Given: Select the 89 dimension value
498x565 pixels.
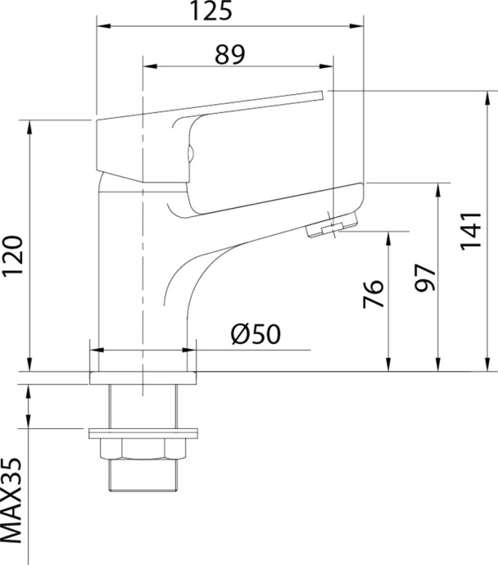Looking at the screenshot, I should [x=230, y=54].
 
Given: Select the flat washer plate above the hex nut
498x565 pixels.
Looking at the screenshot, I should [x=143, y=432].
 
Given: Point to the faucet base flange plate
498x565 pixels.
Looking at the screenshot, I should [x=143, y=377].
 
